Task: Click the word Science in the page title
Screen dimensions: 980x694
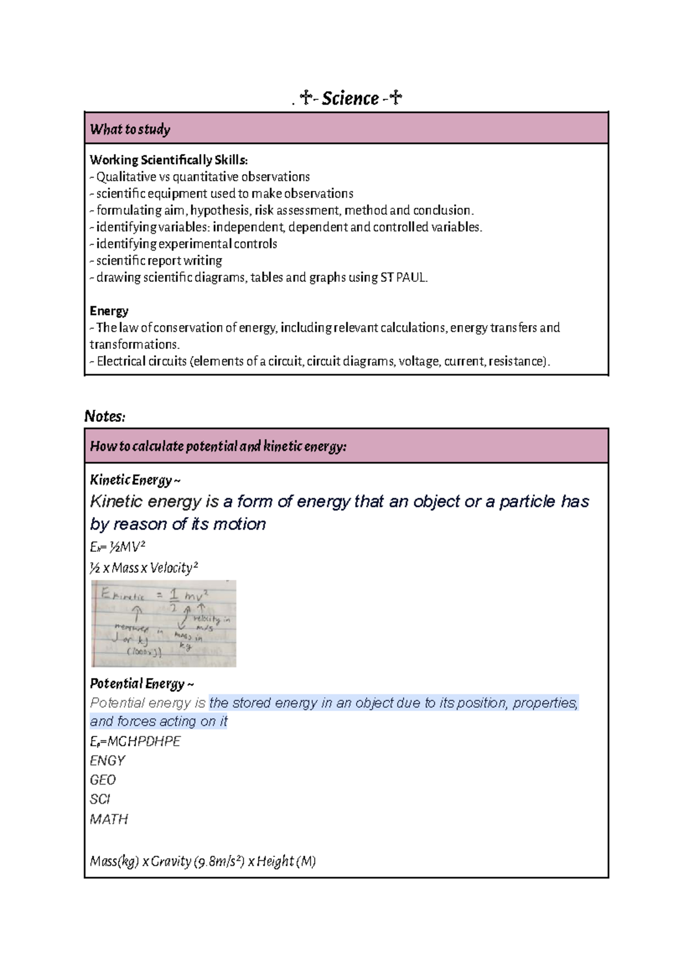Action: pos(350,99)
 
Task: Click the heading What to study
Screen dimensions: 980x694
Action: pos(130,129)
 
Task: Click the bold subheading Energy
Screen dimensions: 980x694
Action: pos(109,311)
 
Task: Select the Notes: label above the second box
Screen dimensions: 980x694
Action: pos(105,417)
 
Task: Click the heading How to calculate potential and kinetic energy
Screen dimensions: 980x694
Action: pos(218,446)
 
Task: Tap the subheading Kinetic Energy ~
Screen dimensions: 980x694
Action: pos(135,480)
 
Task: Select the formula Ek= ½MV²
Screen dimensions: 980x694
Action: pos(117,547)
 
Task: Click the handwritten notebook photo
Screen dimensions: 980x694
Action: pos(164,624)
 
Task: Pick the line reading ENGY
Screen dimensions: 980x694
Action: pos(108,761)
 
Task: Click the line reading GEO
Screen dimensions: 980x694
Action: pos(103,780)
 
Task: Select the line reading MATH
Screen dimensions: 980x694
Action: pos(109,819)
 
